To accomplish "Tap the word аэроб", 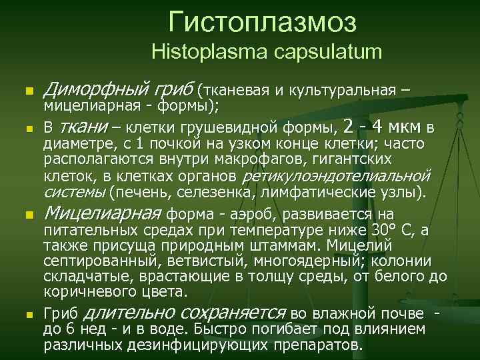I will [249, 215].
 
